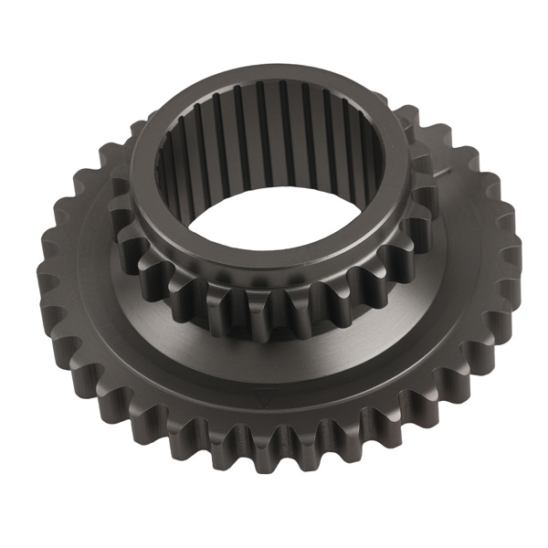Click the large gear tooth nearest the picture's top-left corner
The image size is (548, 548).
(x=91, y=174)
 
